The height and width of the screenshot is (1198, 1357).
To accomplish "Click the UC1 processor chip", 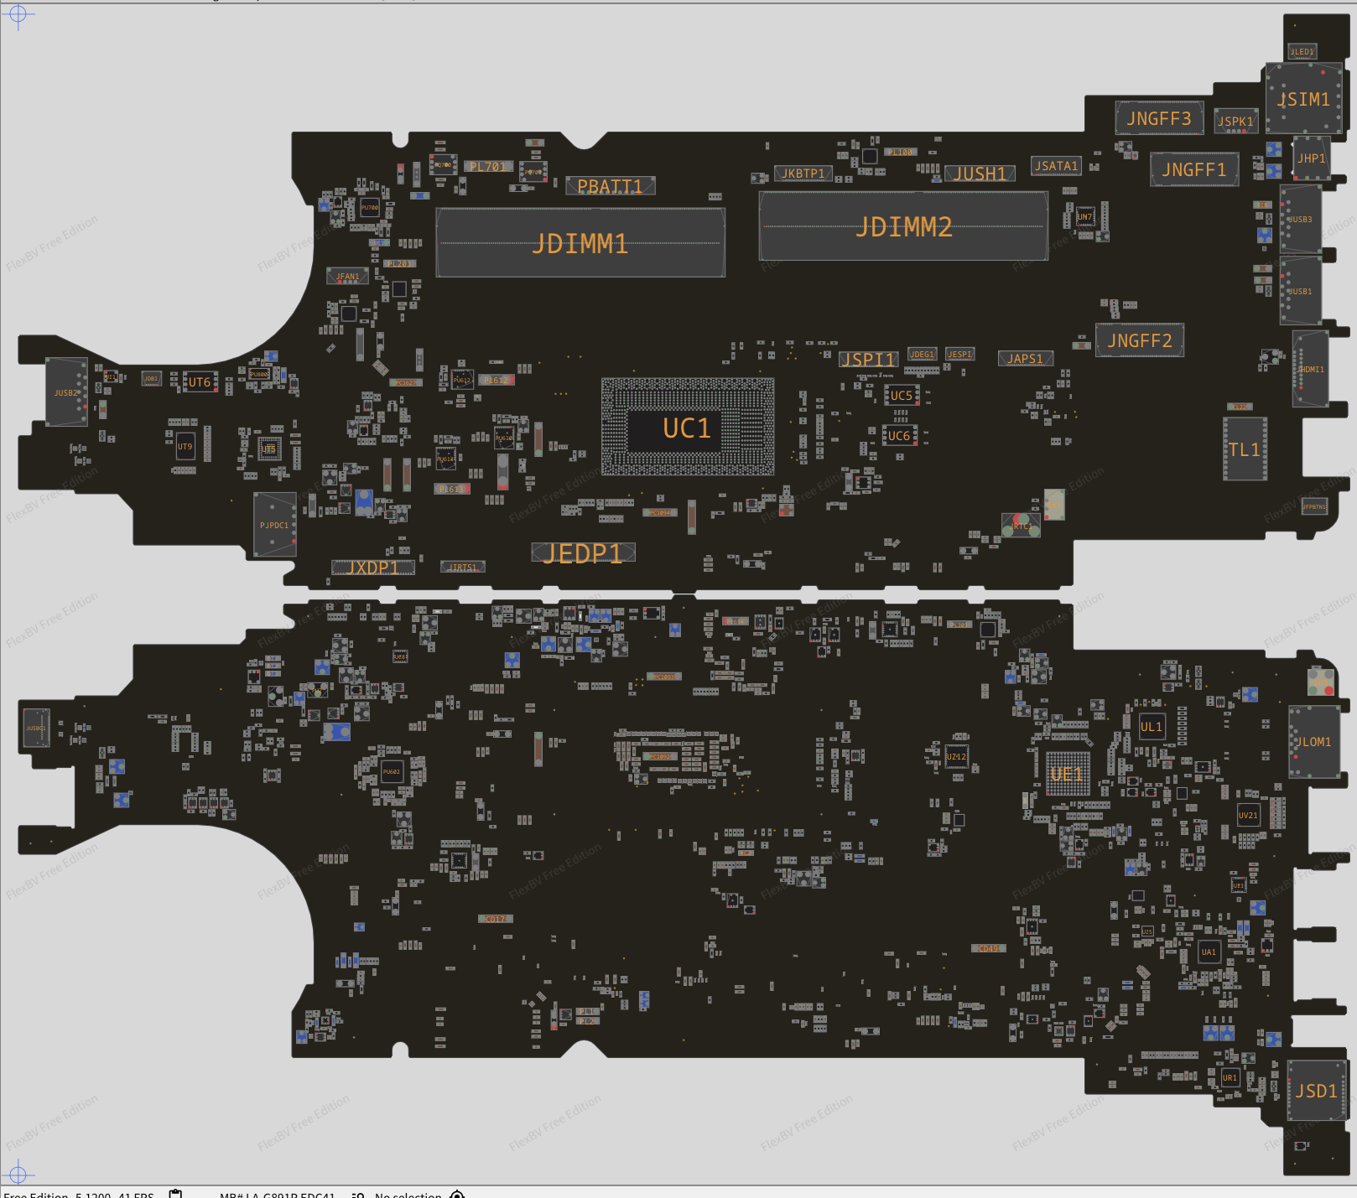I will coord(687,428).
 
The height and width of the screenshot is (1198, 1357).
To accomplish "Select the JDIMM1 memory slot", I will coord(580,243).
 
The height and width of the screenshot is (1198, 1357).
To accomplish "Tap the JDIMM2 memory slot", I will coord(903,226).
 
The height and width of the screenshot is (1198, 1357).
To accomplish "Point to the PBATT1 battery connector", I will coord(610,186).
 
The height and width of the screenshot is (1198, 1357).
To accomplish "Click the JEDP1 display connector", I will coord(583,552).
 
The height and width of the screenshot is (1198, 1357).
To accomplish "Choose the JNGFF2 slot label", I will coord(1140,340).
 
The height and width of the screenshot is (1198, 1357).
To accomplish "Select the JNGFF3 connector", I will coord(1159,118).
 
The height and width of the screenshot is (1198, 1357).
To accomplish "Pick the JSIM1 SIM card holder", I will coord(1303,99).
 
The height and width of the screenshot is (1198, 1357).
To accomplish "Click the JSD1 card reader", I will coord(1316,1090).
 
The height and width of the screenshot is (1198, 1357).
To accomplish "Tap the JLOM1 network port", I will coord(1313,742).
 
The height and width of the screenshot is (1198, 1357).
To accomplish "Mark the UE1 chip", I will coord(1068,774).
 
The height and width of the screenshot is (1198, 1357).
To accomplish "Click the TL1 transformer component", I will coord(1245,449).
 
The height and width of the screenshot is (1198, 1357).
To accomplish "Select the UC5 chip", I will coord(901,395).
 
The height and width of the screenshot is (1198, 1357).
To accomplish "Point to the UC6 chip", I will coord(899,436).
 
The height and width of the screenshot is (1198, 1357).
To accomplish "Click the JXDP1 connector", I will coord(373,568).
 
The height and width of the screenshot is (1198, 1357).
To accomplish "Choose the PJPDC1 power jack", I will coord(274,525).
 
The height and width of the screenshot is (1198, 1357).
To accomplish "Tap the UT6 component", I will coord(200,382).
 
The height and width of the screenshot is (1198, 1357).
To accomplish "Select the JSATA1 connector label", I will coord(1056,166).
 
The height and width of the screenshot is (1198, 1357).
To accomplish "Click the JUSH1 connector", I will coord(980,174).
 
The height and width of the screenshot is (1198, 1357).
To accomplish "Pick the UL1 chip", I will coord(1152,727).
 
